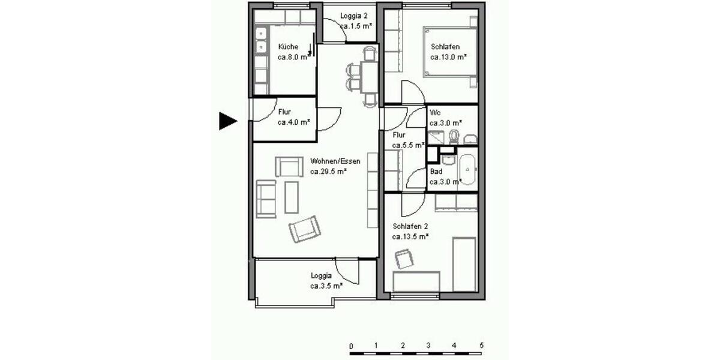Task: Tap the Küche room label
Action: point(288,47)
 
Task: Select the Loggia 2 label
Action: point(353,16)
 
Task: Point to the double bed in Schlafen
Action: point(450,52)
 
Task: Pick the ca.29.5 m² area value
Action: point(329,171)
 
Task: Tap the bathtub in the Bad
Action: point(467,170)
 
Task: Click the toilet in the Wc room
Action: point(454,136)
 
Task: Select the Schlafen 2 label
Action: point(410,226)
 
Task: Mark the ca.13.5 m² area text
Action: point(410,236)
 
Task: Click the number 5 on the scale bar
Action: point(481,346)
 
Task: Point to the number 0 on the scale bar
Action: point(350,346)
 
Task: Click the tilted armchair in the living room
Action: point(305,229)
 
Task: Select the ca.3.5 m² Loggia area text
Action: point(326,286)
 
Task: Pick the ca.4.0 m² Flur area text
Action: point(293,122)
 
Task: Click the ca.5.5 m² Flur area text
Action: point(408,145)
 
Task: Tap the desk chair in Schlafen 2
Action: point(404,259)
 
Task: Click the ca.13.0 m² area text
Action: point(449,57)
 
